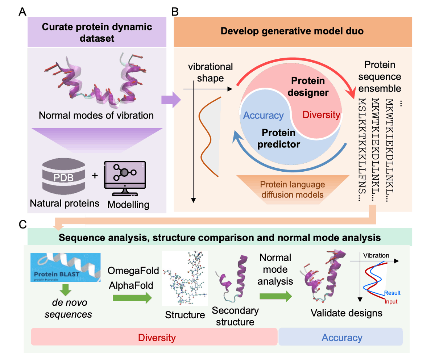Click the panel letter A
(x=22, y=13)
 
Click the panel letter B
(x=175, y=13)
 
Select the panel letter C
(x=22, y=225)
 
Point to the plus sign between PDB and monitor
(x=95, y=176)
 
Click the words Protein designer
(x=309, y=87)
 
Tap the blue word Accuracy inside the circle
(x=263, y=116)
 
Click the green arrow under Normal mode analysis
(x=275, y=296)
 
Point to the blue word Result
(x=392, y=293)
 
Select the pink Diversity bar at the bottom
(x=154, y=338)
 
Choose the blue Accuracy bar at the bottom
(x=341, y=338)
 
